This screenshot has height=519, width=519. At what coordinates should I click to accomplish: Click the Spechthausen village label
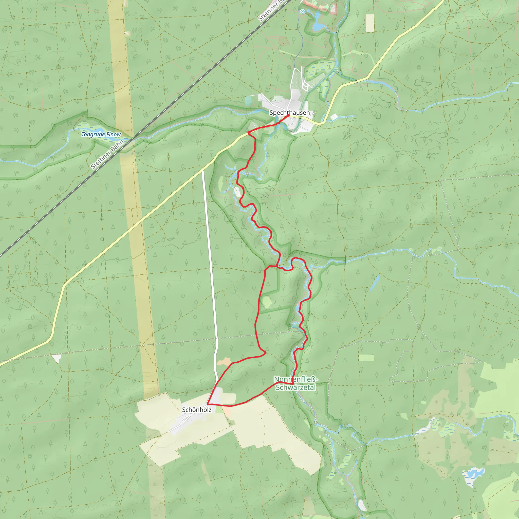pos(289,113)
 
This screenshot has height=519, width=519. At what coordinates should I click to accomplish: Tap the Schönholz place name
pos(197,410)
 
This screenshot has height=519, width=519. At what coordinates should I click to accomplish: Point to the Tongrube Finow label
pos(101,134)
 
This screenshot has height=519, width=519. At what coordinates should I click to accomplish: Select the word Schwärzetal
pos(295,387)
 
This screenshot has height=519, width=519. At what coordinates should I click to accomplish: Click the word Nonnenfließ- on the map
pos(295,379)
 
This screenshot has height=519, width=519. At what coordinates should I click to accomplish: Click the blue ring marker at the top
pos(303,12)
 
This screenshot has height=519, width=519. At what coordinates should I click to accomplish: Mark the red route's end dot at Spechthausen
pos(288,115)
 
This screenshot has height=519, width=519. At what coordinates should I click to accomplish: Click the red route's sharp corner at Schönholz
pos(207,404)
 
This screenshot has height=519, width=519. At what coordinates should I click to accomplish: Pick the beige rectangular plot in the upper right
pos(370,23)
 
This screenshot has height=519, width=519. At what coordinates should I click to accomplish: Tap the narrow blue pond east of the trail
pos(374,283)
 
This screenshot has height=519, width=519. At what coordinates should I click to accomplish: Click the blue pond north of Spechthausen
pos(318,26)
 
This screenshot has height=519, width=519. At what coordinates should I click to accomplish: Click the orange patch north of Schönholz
pos(224,362)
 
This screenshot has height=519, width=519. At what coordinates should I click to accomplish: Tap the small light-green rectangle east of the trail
pos(366,358)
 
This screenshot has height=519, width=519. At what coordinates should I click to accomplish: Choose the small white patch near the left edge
pos(57,358)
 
